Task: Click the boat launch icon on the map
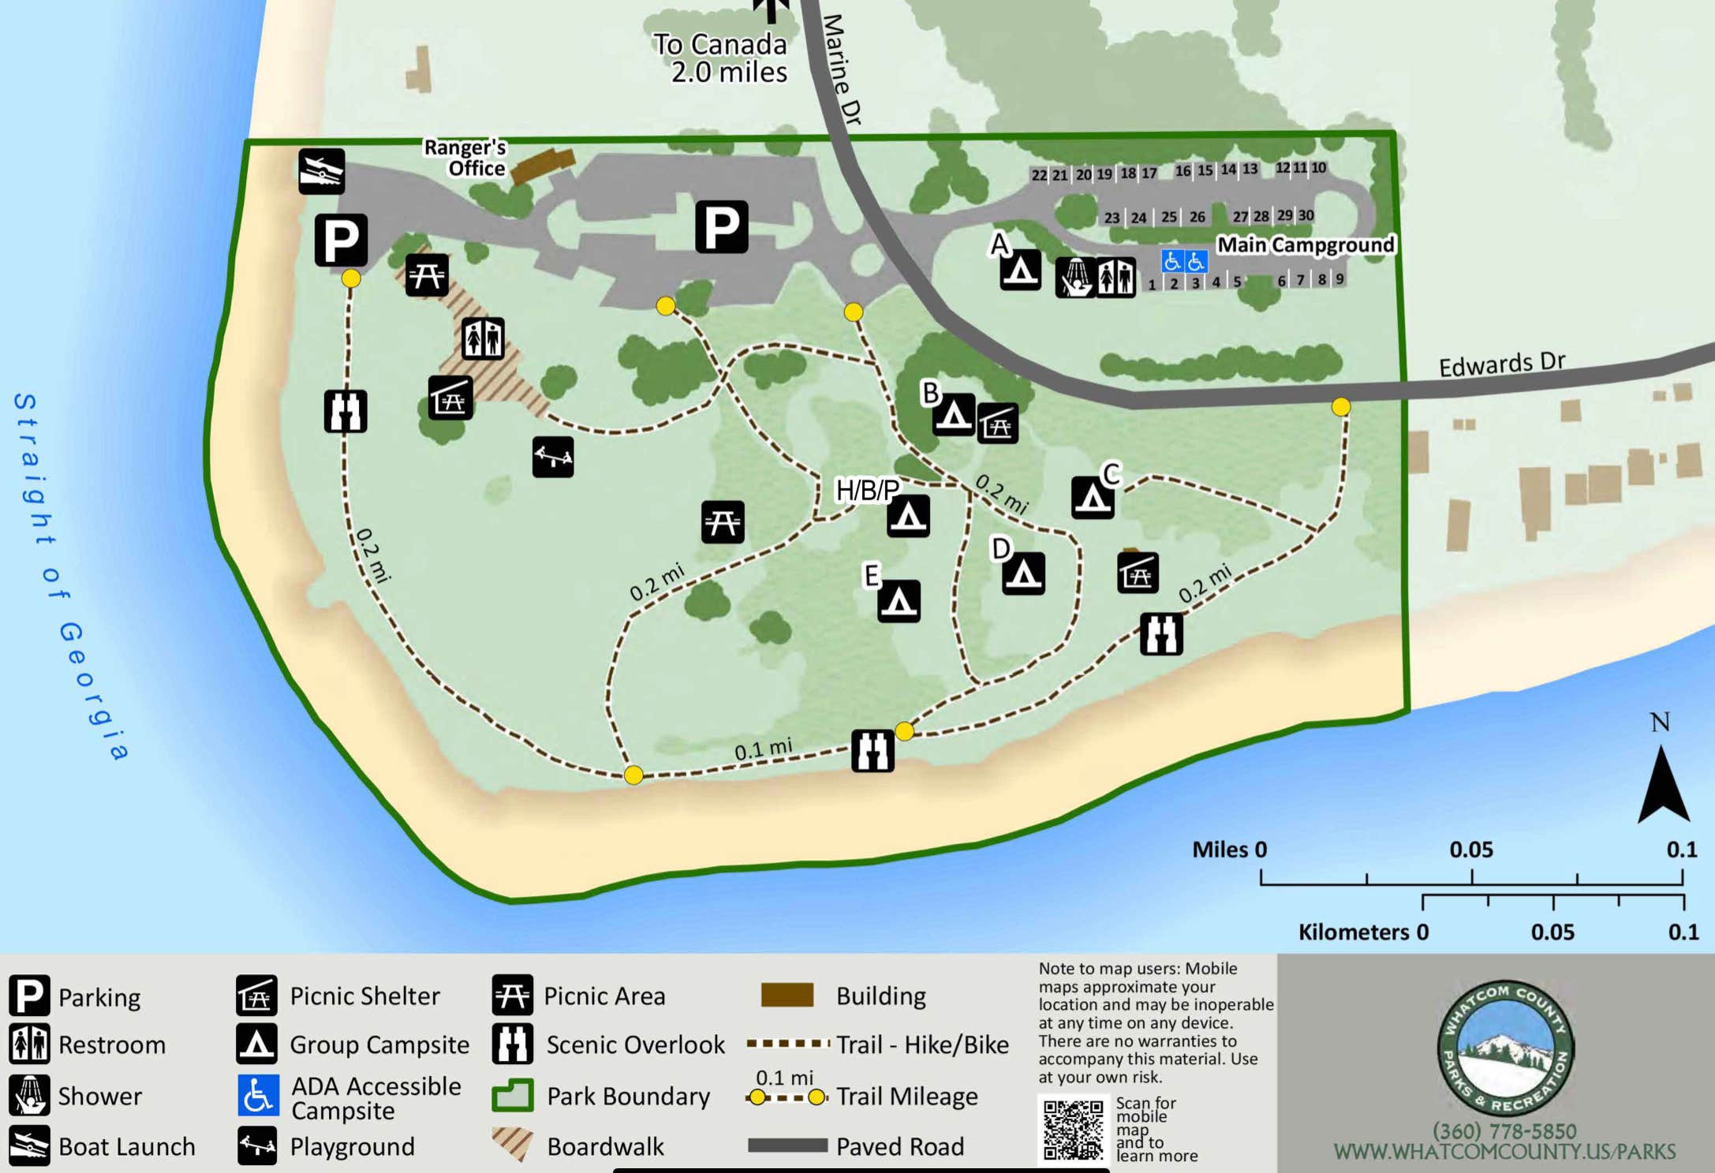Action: (x=321, y=171)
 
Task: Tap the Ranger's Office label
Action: (x=465, y=158)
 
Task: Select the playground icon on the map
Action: (x=552, y=457)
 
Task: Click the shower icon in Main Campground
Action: (x=1075, y=277)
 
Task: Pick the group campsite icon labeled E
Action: (x=899, y=602)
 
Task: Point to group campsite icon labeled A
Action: (x=1020, y=271)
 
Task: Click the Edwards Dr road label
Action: (x=1501, y=364)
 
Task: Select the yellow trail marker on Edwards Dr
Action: (x=1340, y=407)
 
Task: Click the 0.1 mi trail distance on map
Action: (x=763, y=749)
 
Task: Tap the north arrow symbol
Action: (x=1663, y=785)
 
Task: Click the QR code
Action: (x=1073, y=1130)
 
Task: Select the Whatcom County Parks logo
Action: (x=1504, y=1048)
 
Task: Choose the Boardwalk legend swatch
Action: (x=513, y=1144)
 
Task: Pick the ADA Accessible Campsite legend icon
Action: (x=258, y=1096)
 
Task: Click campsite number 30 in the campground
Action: (x=1306, y=215)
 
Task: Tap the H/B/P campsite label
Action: (x=867, y=490)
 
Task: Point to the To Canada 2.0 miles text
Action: (x=722, y=58)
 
